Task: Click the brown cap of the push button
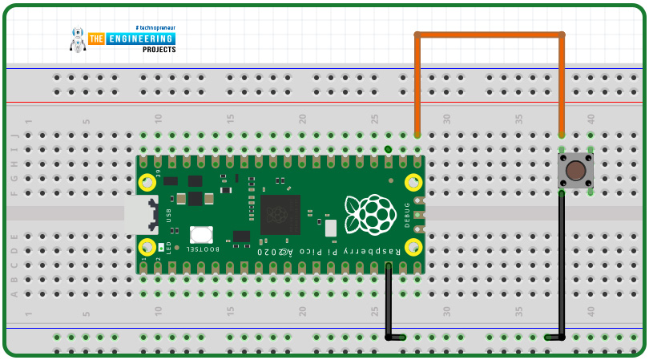[575, 170]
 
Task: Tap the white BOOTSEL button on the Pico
[201, 234]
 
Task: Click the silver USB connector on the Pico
[141, 214]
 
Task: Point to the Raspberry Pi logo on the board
[370, 214]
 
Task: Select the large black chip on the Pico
[280, 214]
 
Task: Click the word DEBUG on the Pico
[407, 214]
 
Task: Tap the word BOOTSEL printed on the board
[203, 249]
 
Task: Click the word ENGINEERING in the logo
[142, 38]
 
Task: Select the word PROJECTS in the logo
[159, 50]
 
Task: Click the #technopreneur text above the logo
[155, 27]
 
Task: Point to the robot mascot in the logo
[78, 39]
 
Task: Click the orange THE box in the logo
[97, 38]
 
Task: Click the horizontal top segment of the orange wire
[489, 34]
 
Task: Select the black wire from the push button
[562, 265]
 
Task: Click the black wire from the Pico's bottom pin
[389, 301]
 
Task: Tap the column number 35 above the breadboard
[518, 119]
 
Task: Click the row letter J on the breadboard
[14, 135]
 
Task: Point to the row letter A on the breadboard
[14, 293]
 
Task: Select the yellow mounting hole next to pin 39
[147, 183]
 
